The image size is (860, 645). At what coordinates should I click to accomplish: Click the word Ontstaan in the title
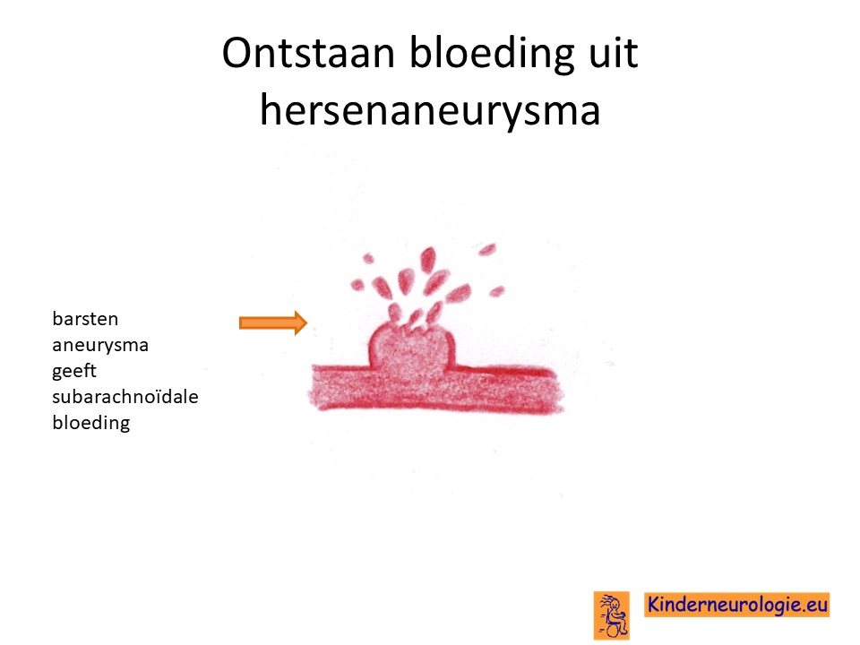point(308,53)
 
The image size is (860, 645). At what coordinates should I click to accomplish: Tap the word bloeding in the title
point(491,55)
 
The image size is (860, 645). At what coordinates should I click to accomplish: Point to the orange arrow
point(273,322)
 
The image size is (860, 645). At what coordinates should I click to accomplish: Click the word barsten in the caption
point(85,319)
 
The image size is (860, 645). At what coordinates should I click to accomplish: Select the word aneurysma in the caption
point(100,346)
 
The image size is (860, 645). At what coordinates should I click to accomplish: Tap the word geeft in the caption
point(74,371)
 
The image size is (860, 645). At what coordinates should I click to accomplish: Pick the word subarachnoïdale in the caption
point(125,397)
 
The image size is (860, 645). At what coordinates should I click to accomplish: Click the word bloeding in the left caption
point(91,423)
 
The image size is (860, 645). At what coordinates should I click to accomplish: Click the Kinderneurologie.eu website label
point(736,605)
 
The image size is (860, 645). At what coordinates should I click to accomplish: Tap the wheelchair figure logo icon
point(612,615)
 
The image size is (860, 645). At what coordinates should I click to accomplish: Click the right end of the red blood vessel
point(558,391)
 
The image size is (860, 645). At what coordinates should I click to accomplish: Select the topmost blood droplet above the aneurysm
point(428,259)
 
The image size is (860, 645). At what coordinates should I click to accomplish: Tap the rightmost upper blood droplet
point(486,250)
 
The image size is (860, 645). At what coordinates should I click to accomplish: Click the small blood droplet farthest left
point(357,285)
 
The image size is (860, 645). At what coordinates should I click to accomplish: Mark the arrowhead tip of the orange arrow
point(307,322)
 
